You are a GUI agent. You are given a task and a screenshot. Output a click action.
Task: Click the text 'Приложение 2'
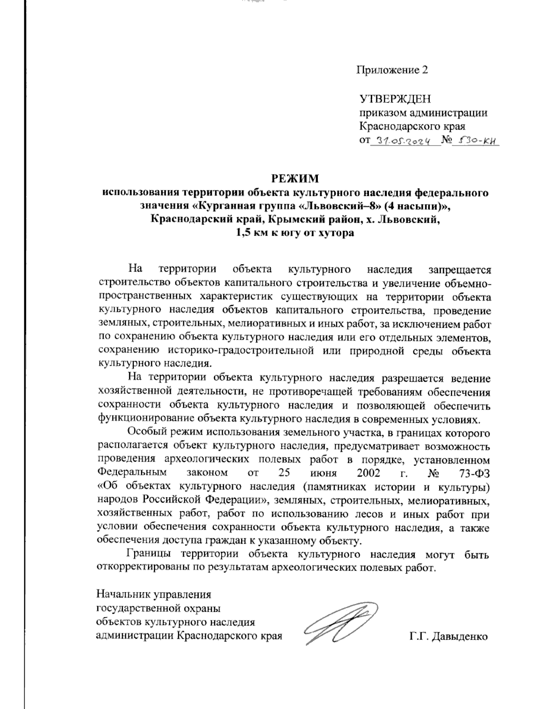pyautogui.click(x=393, y=70)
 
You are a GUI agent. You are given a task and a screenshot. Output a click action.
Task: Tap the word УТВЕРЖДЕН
pyautogui.click(x=395, y=99)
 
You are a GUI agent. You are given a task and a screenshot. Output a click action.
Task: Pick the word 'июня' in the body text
pyautogui.click(x=316, y=472)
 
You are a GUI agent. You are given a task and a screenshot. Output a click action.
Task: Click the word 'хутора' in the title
pyautogui.click(x=337, y=233)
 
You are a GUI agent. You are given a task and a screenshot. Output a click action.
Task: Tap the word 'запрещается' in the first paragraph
pyautogui.click(x=458, y=270)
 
